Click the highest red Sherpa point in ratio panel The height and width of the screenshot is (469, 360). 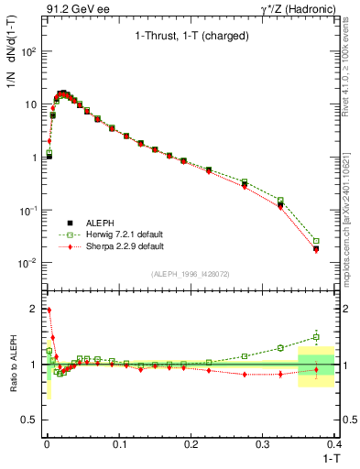[49, 311]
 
